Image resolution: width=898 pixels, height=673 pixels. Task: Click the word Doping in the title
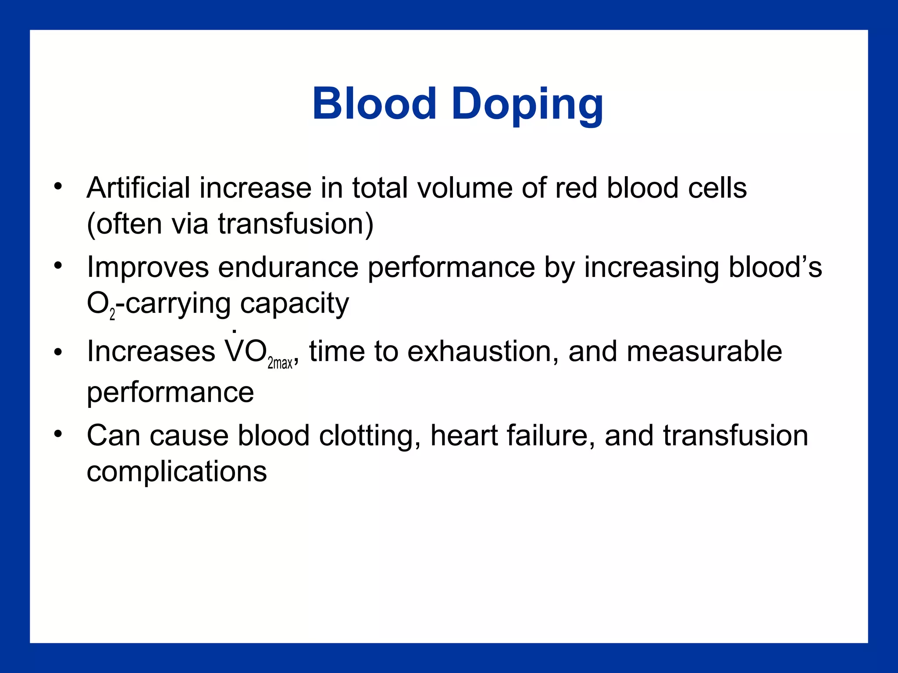tap(527, 105)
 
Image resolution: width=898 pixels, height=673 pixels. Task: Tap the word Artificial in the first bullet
tap(139, 188)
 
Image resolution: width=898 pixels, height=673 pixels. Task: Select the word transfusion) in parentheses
tap(296, 224)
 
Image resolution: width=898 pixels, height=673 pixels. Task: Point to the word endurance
tap(288, 268)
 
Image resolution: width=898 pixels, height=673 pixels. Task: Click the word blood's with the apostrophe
tap(775, 267)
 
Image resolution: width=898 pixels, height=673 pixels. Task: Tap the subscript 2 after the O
tap(112, 314)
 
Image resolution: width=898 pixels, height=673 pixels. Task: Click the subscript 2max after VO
tap(280, 363)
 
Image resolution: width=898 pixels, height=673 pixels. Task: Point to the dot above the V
tap(234, 331)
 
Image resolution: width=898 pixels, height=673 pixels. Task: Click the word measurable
tap(704, 351)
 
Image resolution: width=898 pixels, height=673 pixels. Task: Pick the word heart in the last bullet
tap(464, 436)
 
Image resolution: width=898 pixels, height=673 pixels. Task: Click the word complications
tap(177, 472)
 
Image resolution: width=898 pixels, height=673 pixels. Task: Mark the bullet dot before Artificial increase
tap(58, 186)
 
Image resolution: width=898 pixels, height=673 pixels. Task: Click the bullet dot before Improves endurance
tap(58, 265)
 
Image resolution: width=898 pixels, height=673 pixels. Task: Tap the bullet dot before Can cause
tap(58, 434)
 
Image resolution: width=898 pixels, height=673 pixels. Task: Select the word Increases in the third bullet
tap(151, 351)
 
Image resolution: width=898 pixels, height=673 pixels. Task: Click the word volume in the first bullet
tap(465, 188)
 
